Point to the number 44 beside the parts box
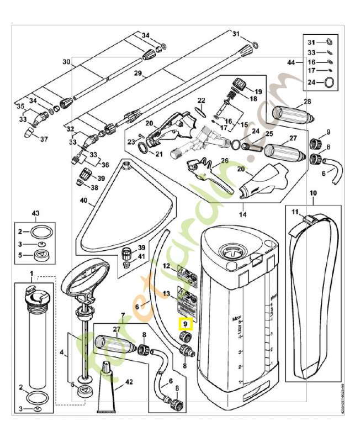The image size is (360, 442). pos(291,64)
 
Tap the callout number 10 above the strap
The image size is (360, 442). pos(313,193)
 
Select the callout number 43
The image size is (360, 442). pos(36,213)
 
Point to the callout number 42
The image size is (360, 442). pos(129,381)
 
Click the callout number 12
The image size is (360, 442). pos(166,266)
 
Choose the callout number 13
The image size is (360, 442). pos(166,293)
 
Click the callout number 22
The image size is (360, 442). pos(202,100)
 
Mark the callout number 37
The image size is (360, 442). pos(44,139)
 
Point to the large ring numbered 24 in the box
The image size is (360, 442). pos(329,82)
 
